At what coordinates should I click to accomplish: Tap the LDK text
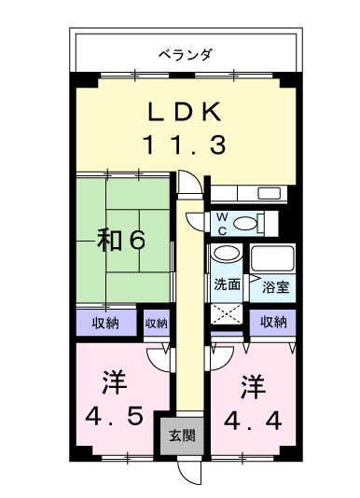click(185, 113)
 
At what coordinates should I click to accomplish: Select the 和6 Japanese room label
click(121, 241)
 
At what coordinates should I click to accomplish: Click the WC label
click(222, 223)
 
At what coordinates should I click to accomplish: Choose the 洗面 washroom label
click(227, 284)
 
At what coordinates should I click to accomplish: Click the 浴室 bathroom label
click(275, 286)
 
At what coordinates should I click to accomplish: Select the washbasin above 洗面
click(227, 256)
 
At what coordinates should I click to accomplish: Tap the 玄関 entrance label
click(182, 435)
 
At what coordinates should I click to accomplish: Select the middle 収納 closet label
click(156, 324)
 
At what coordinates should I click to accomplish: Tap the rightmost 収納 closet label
click(272, 322)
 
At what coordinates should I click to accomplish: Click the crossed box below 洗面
click(227, 314)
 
